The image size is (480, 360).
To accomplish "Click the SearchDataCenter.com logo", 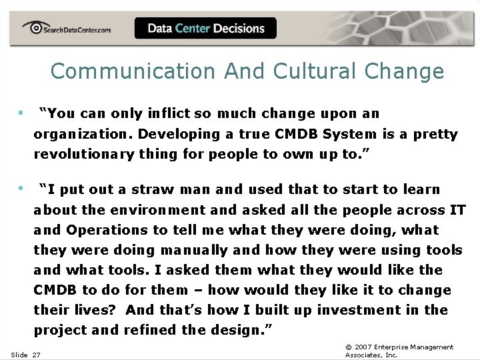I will click(67, 29).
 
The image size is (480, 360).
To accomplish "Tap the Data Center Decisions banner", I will click(205, 28).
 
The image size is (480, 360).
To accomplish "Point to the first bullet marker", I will click(22, 113).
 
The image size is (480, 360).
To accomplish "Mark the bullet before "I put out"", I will click(22, 189).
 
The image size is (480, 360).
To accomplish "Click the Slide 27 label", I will click(25, 355).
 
